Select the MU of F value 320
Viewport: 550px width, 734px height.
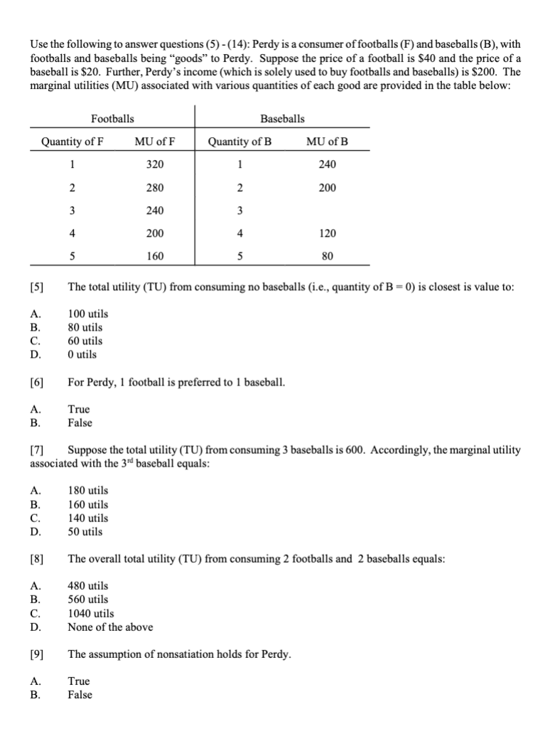(x=155, y=164)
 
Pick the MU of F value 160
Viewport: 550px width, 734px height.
(x=155, y=256)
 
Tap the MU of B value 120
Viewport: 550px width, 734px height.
(x=328, y=233)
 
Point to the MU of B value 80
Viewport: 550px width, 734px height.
(x=328, y=256)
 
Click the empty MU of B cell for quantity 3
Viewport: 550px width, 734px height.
(x=328, y=211)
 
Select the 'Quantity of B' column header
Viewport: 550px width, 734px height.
(x=239, y=141)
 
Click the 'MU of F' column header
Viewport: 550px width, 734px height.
(x=155, y=141)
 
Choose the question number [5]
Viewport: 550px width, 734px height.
(x=37, y=287)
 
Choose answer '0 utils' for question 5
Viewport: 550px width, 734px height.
(x=82, y=354)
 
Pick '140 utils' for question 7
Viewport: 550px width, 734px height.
(x=87, y=518)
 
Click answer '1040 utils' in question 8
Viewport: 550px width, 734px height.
(x=90, y=613)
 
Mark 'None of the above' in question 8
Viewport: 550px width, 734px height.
(x=109, y=627)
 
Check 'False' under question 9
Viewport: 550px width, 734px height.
(x=80, y=695)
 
